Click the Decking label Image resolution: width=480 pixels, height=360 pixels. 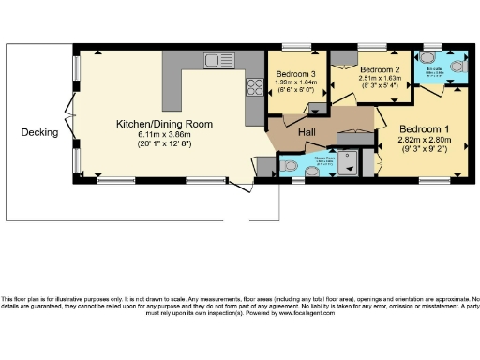(x=39, y=132)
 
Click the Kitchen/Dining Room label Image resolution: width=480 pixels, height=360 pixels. (x=164, y=124)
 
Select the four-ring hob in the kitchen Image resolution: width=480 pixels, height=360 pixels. (x=254, y=88)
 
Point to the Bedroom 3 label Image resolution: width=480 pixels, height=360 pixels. (x=295, y=74)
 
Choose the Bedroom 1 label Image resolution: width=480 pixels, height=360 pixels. (x=425, y=128)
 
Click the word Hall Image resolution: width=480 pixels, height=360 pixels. (x=307, y=133)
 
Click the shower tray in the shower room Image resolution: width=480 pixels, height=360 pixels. (x=353, y=165)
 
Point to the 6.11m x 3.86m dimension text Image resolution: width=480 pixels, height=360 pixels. (x=164, y=134)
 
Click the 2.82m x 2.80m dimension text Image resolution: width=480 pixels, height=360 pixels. (x=425, y=139)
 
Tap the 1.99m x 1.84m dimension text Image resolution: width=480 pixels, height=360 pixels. (x=295, y=82)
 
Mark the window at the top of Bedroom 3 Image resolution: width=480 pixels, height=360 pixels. (x=297, y=46)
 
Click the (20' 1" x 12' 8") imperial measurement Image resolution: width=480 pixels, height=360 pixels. (x=164, y=144)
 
